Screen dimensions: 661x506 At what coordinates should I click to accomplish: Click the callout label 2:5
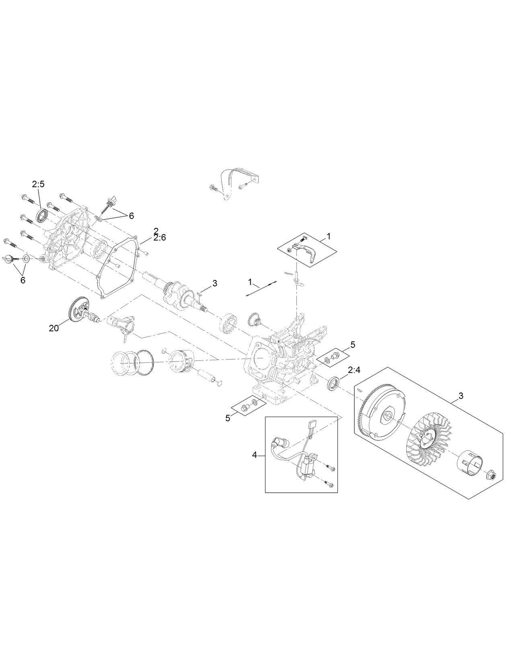pyautogui.click(x=38, y=184)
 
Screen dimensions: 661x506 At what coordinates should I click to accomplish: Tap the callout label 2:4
pyautogui.click(x=354, y=369)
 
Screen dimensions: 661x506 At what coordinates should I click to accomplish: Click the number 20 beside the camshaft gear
pyautogui.click(x=53, y=328)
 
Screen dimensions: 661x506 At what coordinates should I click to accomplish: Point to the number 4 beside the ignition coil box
pyautogui.click(x=254, y=455)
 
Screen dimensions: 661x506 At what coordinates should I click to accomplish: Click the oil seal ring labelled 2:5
pyautogui.click(x=41, y=215)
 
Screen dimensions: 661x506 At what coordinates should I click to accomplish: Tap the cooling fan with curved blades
pyautogui.click(x=428, y=439)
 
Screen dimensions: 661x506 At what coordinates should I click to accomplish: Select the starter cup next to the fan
pyautogui.click(x=471, y=465)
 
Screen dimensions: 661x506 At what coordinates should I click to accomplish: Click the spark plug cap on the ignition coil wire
pyautogui.click(x=277, y=442)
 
